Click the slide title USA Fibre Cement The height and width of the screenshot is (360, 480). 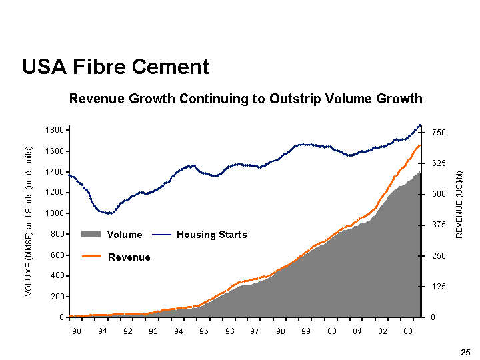(x=115, y=67)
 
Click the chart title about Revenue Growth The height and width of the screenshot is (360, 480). (x=245, y=99)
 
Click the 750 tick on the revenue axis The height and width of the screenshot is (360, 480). (x=438, y=133)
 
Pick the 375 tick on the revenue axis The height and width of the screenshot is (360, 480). (x=438, y=225)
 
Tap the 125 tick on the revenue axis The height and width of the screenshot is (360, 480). (x=438, y=287)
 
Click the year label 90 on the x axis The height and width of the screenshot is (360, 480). (x=77, y=331)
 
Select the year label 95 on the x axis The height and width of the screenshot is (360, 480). (x=204, y=331)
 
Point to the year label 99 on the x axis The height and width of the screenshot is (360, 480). (x=306, y=331)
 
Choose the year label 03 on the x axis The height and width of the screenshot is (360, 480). (x=408, y=331)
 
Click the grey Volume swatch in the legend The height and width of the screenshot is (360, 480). (x=91, y=235)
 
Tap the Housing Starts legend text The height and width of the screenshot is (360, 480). (x=211, y=235)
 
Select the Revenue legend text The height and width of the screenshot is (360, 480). (x=129, y=257)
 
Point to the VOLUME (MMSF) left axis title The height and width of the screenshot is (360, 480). (x=29, y=221)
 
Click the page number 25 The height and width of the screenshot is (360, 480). (x=465, y=351)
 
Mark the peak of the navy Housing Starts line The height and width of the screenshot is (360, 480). (x=420, y=125)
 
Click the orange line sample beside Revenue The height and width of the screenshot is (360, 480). (x=91, y=257)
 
